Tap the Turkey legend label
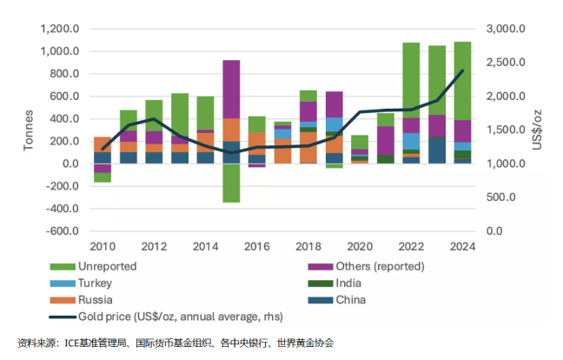pyautogui.click(x=96, y=283)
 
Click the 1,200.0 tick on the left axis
pyautogui.click(x=60, y=29)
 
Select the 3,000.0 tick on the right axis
pyautogui.click(x=505, y=29)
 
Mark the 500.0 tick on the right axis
pyautogui.click(x=501, y=197)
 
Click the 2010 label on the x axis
pyautogui.click(x=103, y=244)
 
